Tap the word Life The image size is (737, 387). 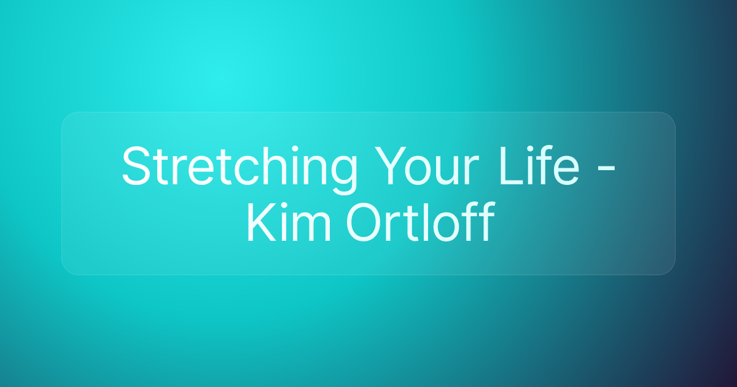coord(539,167)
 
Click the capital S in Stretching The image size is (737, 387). coord(135,167)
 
